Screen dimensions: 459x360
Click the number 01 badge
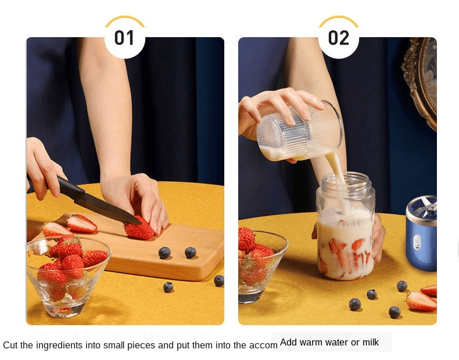pyautogui.click(x=124, y=38)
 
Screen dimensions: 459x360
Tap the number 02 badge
pyautogui.click(x=338, y=38)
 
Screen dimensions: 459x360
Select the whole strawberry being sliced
pyautogui.click(x=139, y=228)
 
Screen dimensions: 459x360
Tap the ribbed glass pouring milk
pyautogui.click(x=300, y=131)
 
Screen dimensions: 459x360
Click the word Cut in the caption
pyautogui.click(x=11, y=345)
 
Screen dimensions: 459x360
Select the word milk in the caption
pyautogui.click(x=371, y=342)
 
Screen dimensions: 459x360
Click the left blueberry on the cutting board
pyautogui.click(x=164, y=253)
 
